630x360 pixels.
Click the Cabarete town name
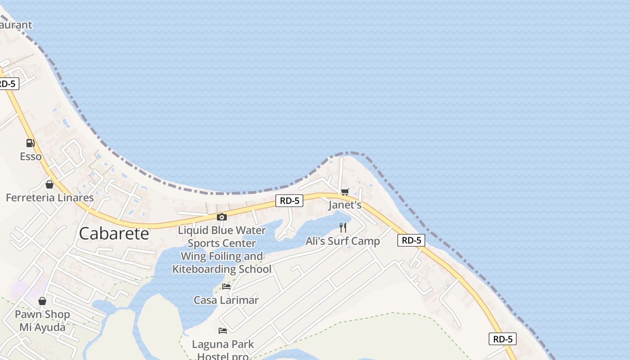pyautogui.click(x=114, y=233)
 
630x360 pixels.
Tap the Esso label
pyautogui.click(x=31, y=157)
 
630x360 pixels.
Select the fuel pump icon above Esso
pyautogui.click(x=30, y=143)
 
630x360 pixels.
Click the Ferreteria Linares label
pyautogui.click(x=49, y=197)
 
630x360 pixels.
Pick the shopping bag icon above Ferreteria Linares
pyautogui.click(x=49, y=184)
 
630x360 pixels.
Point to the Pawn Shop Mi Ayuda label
pyautogui.click(x=42, y=320)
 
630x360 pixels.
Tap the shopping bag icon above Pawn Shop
pyautogui.click(x=42, y=301)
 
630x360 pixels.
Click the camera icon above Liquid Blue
pyautogui.click(x=221, y=217)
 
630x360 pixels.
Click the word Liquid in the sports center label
pyautogui.click(x=193, y=230)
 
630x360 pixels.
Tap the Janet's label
pyautogui.click(x=345, y=205)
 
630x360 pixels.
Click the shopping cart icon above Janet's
pyautogui.click(x=345, y=192)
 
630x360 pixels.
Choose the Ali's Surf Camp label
pyautogui.click(x=343, y=241)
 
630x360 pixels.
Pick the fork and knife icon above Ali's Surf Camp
pyautogui.click(x=343, y=227)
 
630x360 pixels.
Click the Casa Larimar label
pyautogui.click(x=226, y=300)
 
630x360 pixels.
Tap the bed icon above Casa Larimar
pyautogui.click(x=226, y=286)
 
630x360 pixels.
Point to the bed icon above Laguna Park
pyautogui.click(x=223, y=331)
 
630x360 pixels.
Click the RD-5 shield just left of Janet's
pyautogui.click(x=289, y=201)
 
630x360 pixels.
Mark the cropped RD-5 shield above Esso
pyautogui.click(x=8, y=84)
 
